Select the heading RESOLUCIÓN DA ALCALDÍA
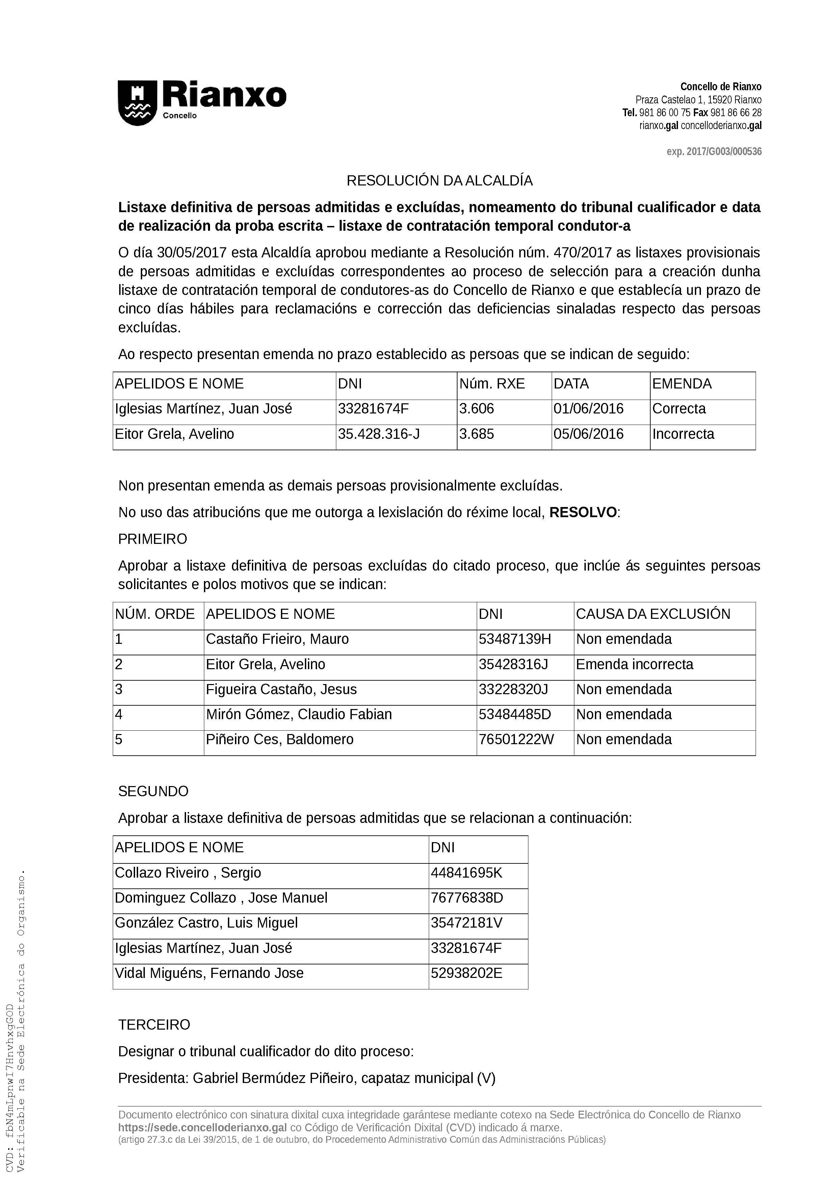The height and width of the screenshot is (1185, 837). pyautogui.click(x=439, y=181)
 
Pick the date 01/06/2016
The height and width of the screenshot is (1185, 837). pyautogui.click(x=588, y=409)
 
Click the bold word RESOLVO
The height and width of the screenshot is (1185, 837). pyautogui.click(x=583, y=512)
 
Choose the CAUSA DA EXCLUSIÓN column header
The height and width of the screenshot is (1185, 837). pyautogui.click(x=653, y=614)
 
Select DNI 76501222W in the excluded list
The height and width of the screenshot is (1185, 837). pyautogui.click(x=516, y=739)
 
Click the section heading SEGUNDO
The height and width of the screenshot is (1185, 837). pyautogui.click(x=153, y=791)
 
